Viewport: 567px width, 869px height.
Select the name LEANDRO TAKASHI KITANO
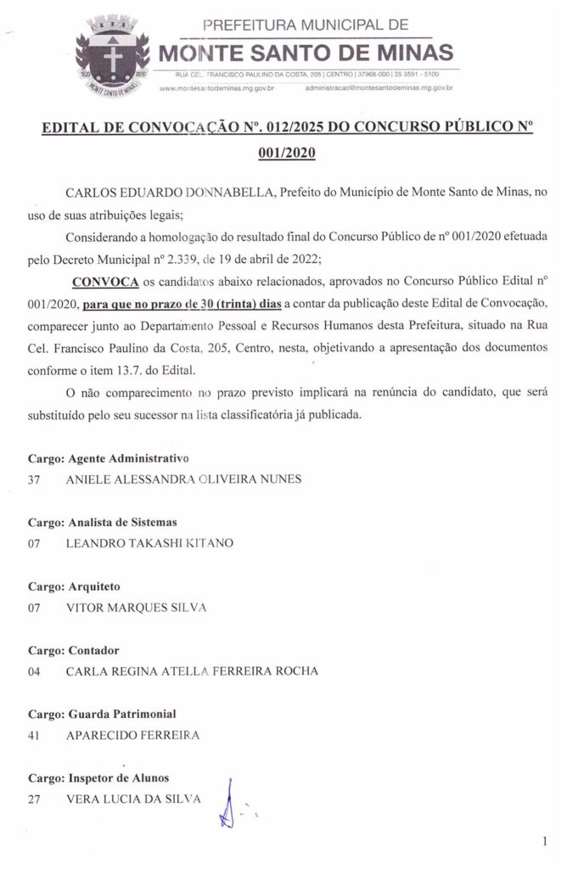click(x=149, y=542)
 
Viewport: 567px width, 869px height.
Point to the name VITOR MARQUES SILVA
click(x=136, y=607)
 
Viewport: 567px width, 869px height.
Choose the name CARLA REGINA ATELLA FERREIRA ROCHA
click(x=192, y=671)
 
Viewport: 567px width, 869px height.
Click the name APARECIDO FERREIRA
click(x=132, y=735)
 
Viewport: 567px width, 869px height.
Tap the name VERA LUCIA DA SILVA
click(x=133, y=799)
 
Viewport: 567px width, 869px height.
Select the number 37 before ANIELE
click(x=35, y=478)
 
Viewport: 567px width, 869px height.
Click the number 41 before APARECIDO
click(x=35, y=735)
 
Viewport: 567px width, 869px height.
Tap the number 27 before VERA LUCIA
click(x=35, y=799)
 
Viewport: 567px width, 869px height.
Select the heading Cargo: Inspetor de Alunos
click(x=99, y=779)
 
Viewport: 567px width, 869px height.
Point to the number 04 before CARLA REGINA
click(x=35, y=671)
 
